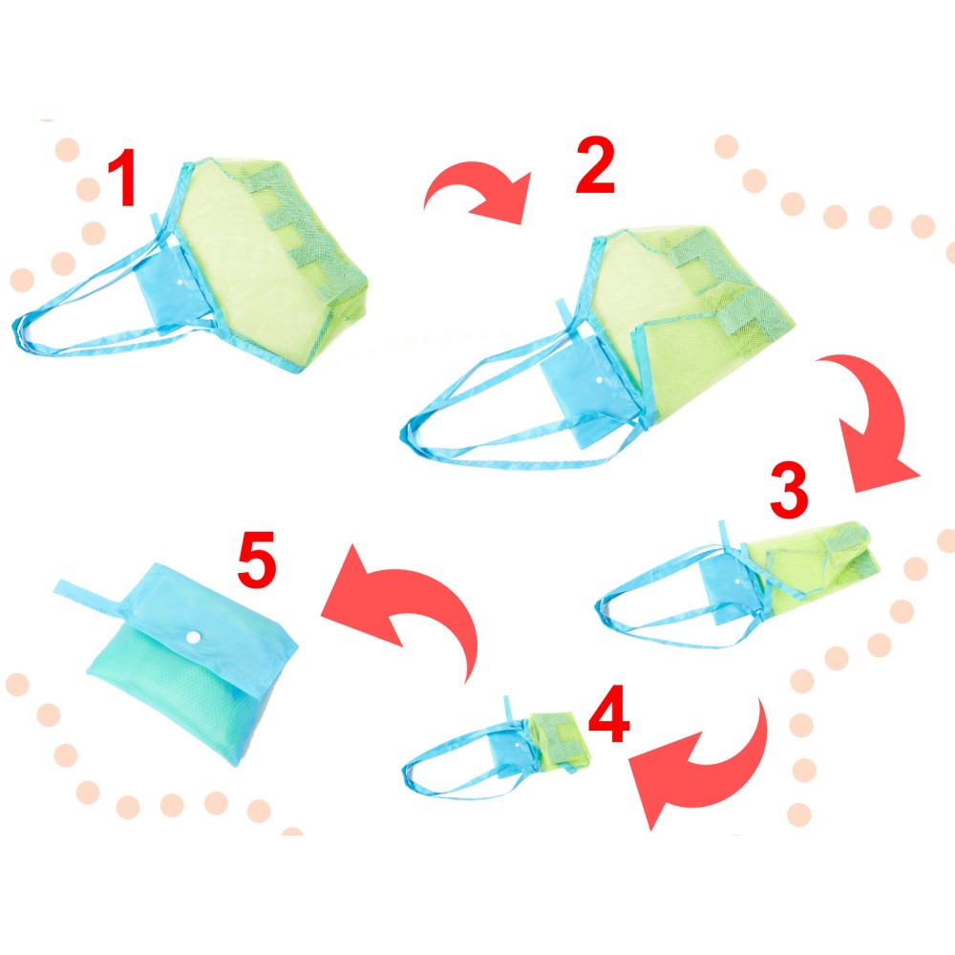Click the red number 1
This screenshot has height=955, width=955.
tap(122, 177)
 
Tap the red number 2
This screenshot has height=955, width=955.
tap(595, 164)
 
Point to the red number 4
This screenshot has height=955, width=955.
tap(609, 713)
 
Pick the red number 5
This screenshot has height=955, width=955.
tap(257, 560)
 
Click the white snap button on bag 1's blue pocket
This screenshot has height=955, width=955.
tap(180, 284)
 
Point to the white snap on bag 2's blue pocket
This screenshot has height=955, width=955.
tap(600, 380)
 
